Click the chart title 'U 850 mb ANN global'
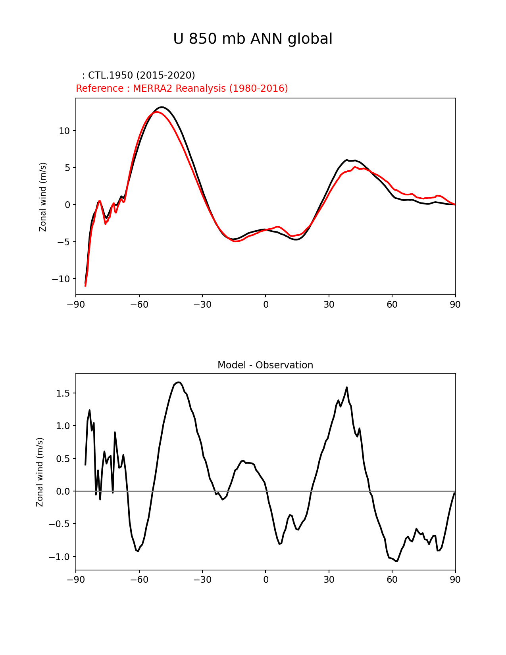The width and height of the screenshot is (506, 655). [x=253, y=39]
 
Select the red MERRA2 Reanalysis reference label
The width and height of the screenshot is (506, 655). [x=182, y=89]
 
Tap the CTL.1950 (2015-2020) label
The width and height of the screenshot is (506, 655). [x=139, y=75]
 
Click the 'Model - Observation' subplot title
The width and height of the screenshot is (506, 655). [x=265, y=365]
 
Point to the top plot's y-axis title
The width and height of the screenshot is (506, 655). [x=43, y=197]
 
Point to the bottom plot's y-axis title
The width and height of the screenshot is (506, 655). [x=40, y=472]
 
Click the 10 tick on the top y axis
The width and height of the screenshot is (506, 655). [x=64, y=131]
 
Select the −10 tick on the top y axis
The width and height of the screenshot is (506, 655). [x=60, y=279]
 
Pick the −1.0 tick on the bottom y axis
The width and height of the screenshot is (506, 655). [x=60, y=557]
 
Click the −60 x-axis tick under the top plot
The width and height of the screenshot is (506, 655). [x=139, y=304]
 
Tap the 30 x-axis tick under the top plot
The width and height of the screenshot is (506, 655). [x=329, y=304]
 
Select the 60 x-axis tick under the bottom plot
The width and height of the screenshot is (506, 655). [x=392, y=580]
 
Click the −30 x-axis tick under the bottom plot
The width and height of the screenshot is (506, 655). [x=202, y=580]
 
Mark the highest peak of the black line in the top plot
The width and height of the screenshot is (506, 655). [x=162, y=107]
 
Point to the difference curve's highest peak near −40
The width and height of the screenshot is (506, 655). [x=179, y=382]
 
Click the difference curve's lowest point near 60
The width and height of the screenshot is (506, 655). [x=396, y=561]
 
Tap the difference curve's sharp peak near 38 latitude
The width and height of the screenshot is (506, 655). [x=347, y=387]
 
